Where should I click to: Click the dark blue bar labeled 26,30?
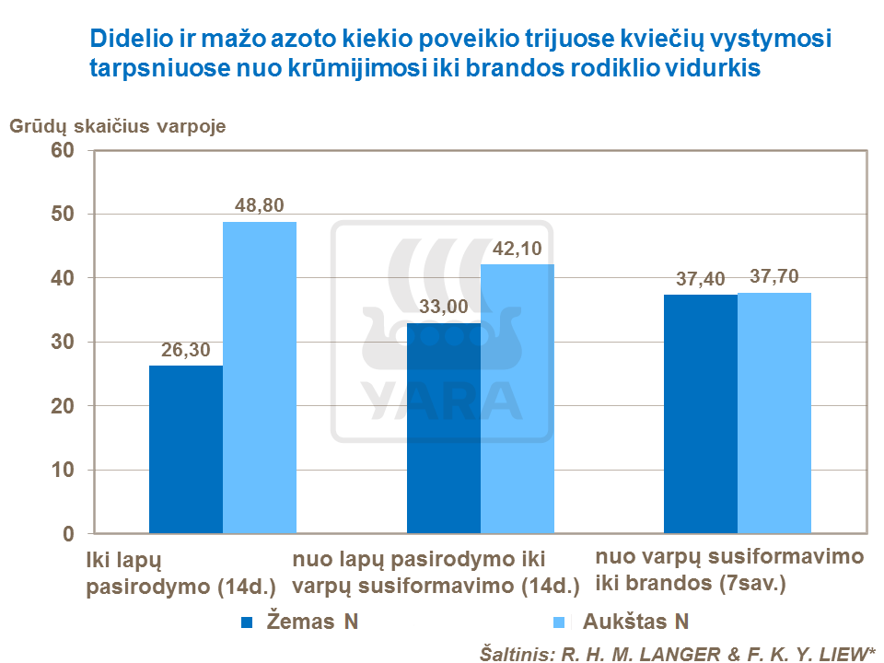[185, 449]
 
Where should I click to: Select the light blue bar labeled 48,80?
[259, 378]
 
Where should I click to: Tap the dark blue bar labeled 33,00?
[443, 428]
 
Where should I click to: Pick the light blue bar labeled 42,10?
[517, 399]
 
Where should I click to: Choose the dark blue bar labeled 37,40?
[700, 414]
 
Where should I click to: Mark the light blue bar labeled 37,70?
[774, 413]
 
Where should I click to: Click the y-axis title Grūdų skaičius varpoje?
[118, 126]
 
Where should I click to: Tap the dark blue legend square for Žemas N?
[246, 622]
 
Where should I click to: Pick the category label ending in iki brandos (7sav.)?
[729, 570]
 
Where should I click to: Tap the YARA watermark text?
[443, 396]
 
